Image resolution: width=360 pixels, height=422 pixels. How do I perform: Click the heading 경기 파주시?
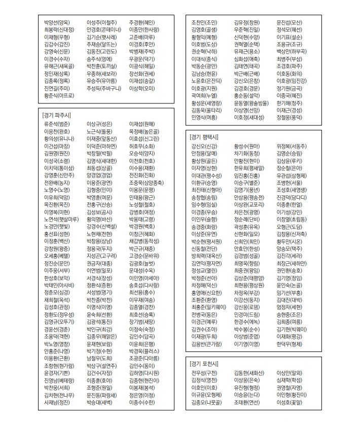(x=57, y=116)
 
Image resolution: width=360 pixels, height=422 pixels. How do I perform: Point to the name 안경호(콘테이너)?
(x=104, y=29)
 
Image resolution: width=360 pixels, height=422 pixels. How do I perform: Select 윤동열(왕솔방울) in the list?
(x=251, y=102)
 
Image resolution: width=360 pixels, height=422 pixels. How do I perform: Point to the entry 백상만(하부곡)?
(x=292, y=51)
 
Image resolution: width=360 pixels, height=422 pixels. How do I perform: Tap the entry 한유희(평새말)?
(x=249, y=167)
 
